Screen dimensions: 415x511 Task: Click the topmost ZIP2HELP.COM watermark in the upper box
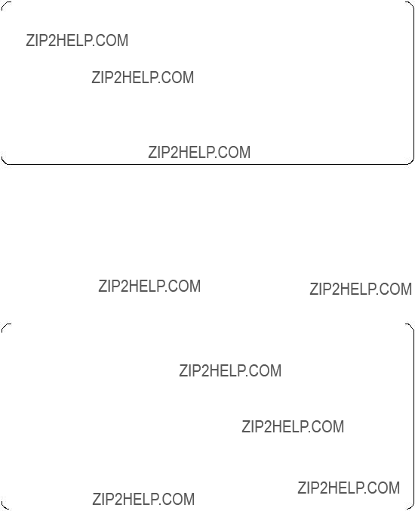click(77, 40)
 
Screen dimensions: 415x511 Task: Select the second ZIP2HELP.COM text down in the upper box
click(143, 78)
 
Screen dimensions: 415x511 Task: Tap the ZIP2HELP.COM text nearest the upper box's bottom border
click(199, 152)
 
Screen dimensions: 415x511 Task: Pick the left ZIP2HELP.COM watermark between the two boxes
click(149, 286)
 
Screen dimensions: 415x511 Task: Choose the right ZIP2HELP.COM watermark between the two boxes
click(361, 289)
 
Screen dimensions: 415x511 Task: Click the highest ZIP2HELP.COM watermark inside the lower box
click(230, 370)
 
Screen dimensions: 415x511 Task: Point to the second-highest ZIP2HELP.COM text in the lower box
click(293, 426)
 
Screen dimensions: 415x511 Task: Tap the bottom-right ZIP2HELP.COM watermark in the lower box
click(349, 488)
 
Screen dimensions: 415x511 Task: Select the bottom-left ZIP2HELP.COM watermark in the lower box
click(143, 499)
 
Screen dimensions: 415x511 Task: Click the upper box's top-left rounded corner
click(4, 4)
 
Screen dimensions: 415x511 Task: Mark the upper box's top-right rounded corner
click(411, 4)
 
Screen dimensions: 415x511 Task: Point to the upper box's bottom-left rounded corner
click(4, 161)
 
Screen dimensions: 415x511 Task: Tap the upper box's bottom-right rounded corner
click(411, 161)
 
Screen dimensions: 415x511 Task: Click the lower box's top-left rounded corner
click(4, 327)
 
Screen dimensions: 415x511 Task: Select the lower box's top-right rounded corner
click(411, 327)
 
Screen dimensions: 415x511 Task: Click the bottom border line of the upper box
click(207, 164)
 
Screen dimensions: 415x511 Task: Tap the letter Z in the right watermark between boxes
click(314, 289)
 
